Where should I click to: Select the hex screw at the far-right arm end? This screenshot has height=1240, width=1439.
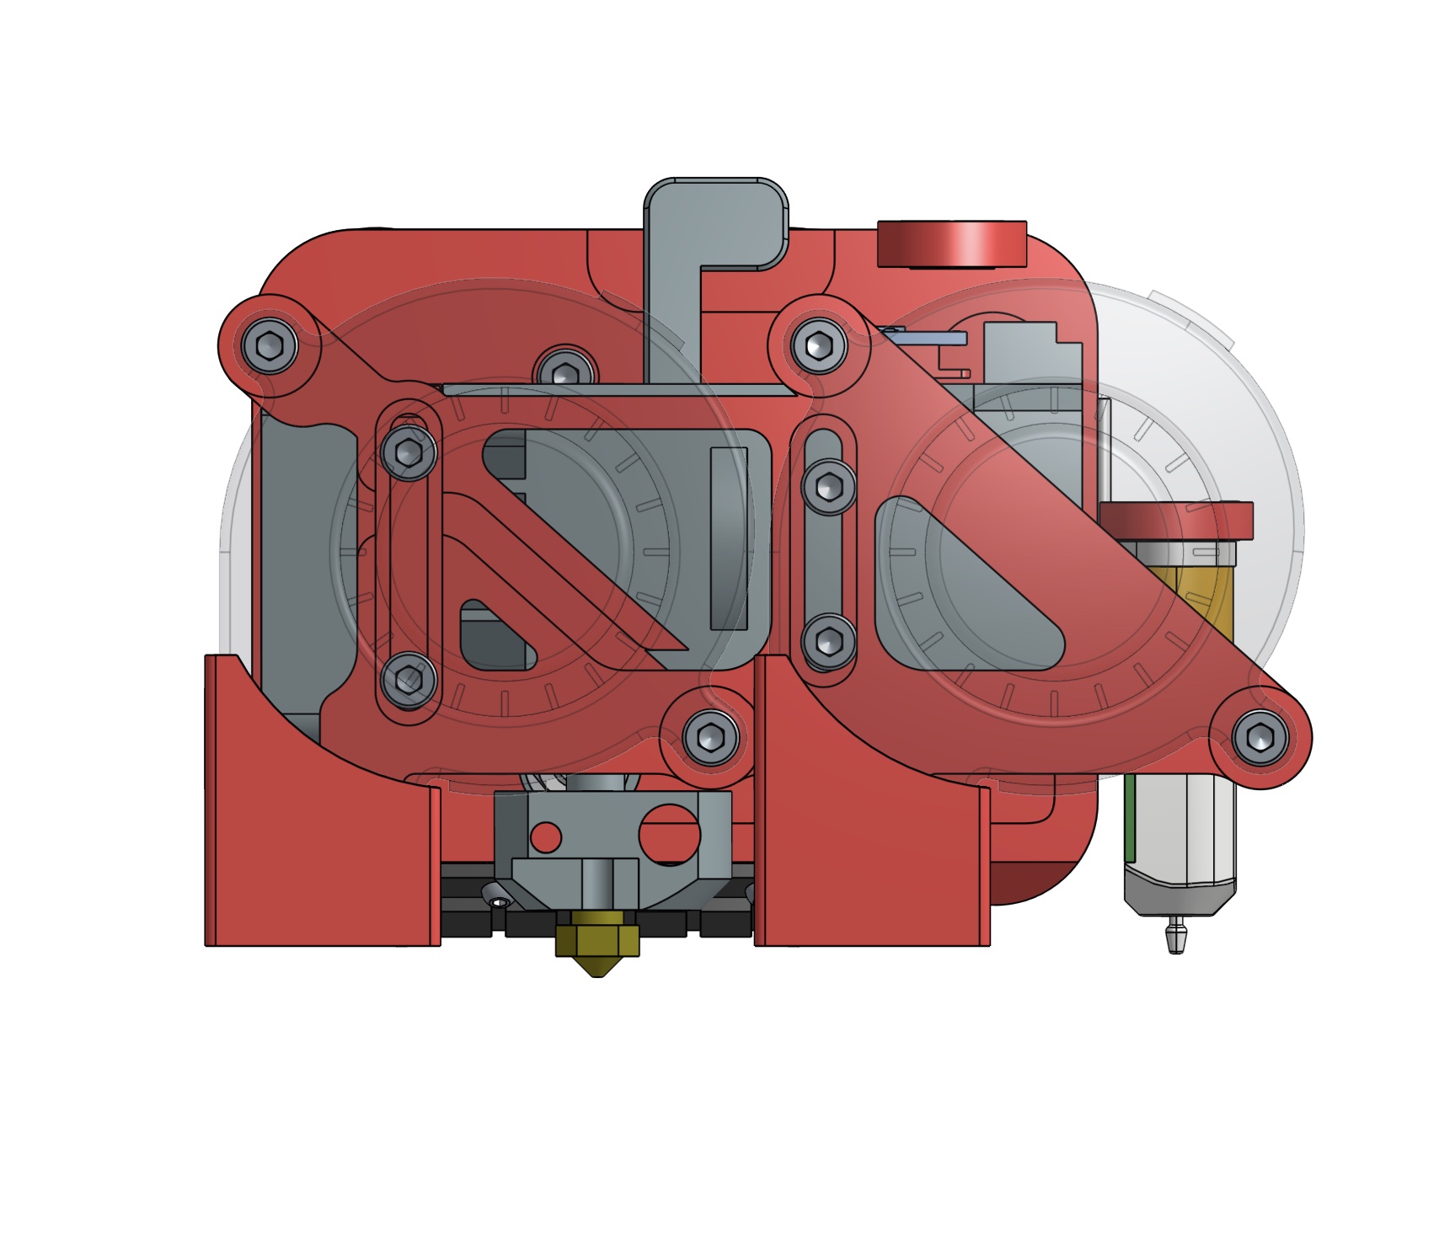(1260, 737)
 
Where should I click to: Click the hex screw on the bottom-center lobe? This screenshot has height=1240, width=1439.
(711, 737)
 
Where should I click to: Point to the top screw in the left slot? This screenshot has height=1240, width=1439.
(409, 453)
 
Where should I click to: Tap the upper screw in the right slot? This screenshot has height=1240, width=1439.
(829, 486)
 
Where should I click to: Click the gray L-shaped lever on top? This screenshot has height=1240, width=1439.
(674, 253)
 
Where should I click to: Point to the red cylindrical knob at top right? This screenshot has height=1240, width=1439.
(952, 244)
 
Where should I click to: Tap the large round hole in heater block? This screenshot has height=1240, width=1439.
(669, 835)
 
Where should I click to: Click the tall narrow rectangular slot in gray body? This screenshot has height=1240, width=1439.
(729, 539)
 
